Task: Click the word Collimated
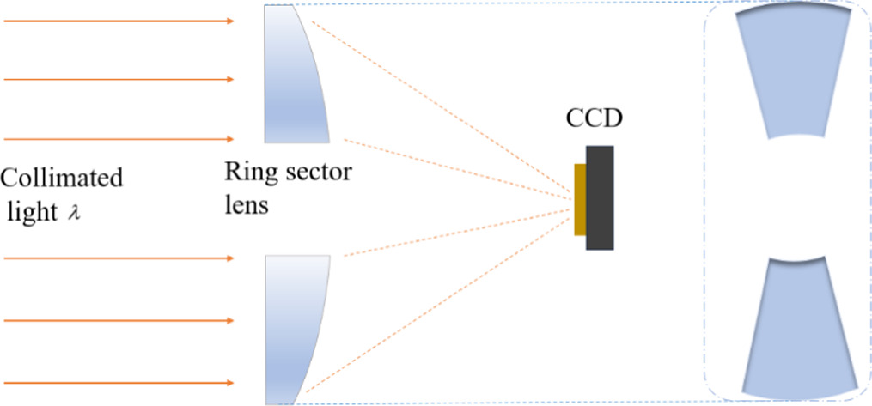click(62, 179)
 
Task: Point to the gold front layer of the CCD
click(580, 199)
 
